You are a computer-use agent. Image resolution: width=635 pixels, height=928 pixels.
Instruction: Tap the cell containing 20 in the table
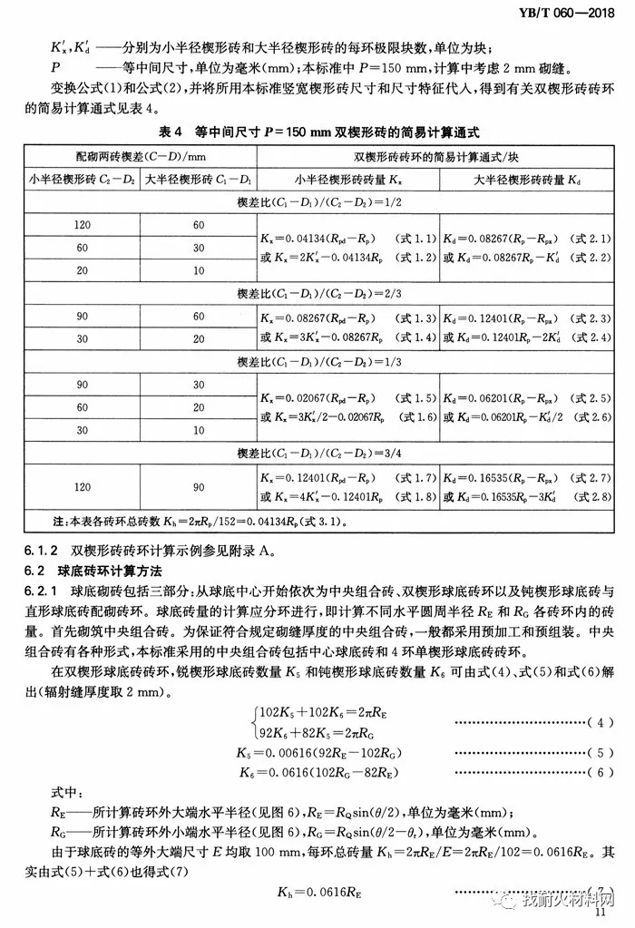(x=83, y=270)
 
